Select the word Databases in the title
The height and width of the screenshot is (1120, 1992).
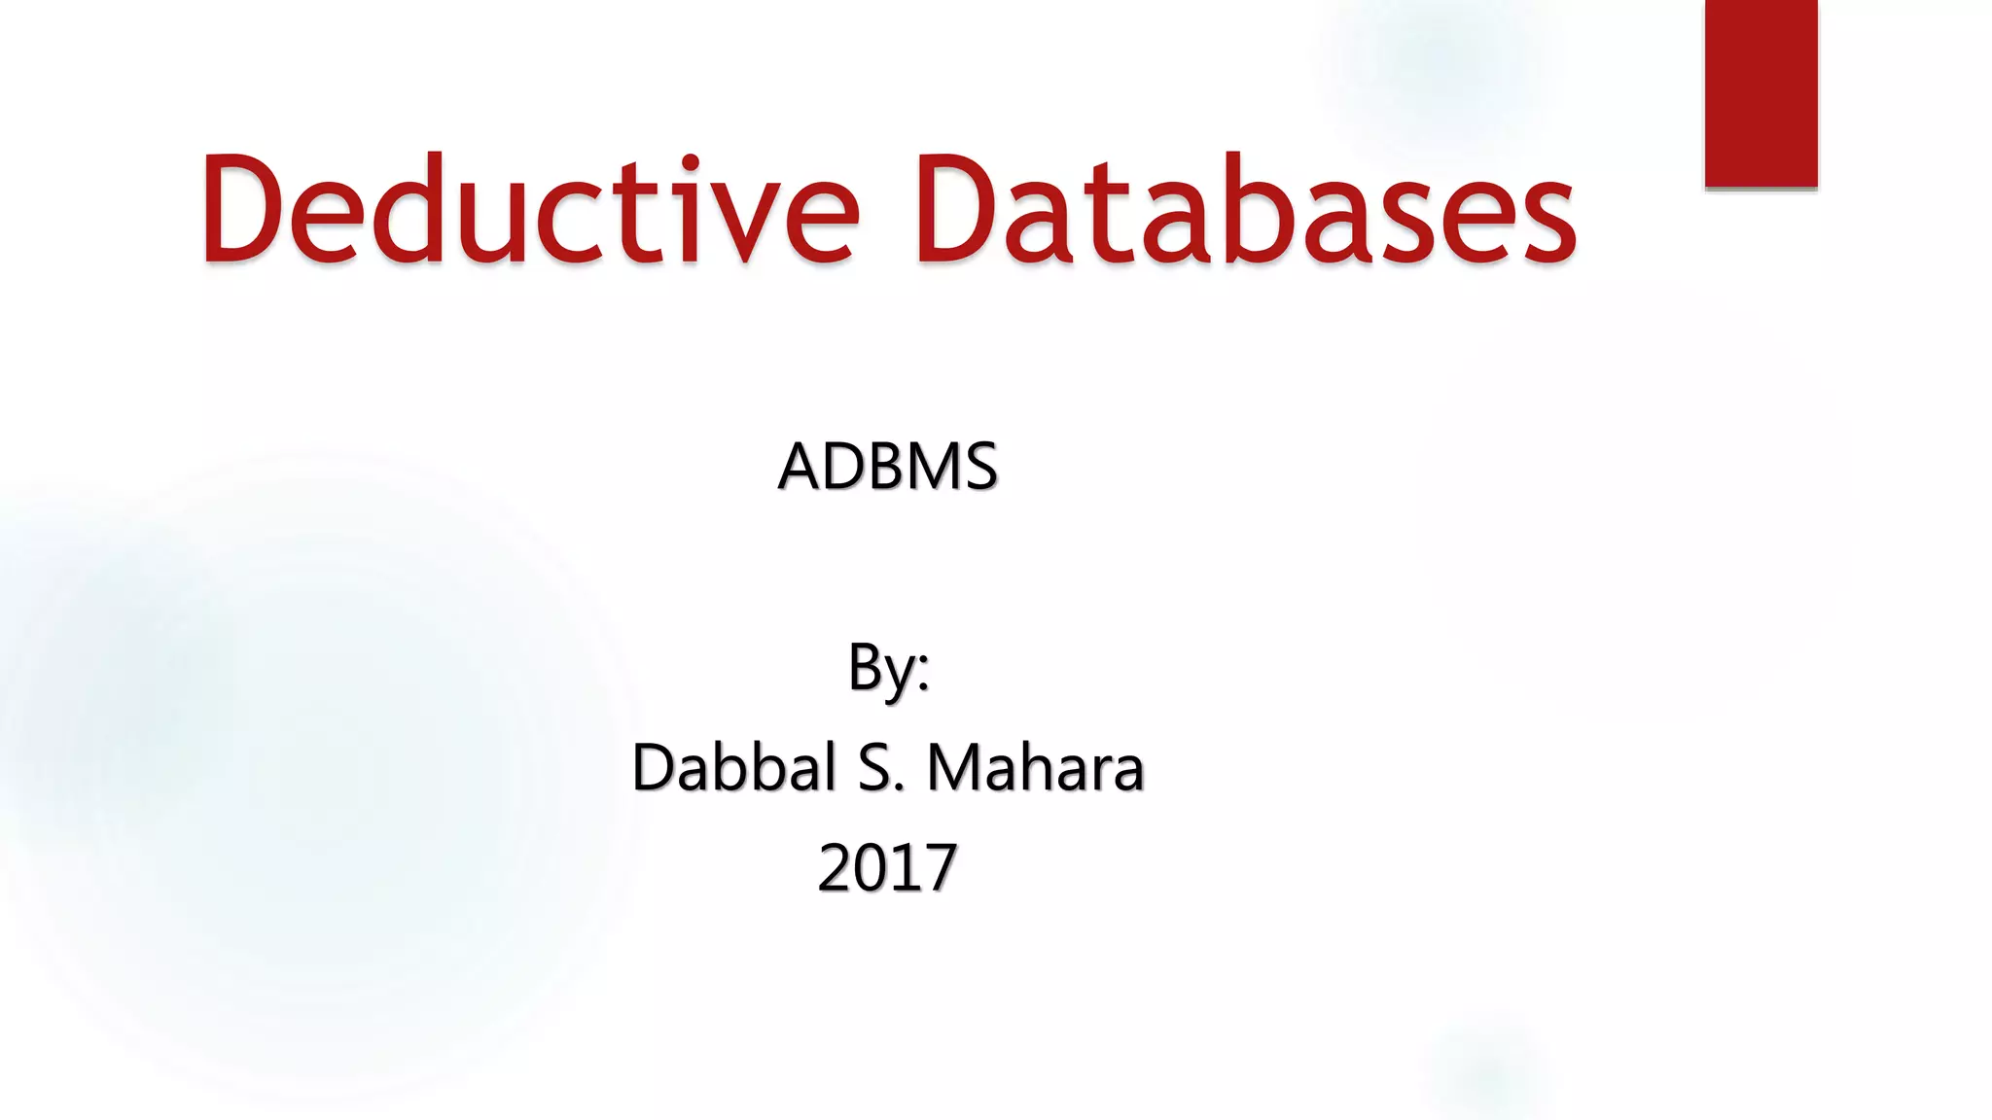(x=1245, y=209)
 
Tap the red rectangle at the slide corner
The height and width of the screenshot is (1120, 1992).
(x=1761, y=92)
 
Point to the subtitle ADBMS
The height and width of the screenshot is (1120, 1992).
(x=887, y=467)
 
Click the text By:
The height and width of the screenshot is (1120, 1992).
(x=887, y=669)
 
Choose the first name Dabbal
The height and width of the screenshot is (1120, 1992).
(x=734, y=768)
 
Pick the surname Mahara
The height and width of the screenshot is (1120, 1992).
(x=1035, y=768)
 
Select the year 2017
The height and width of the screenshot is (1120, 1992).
(x=887, y=868)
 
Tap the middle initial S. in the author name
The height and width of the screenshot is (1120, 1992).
(x=880, y=768)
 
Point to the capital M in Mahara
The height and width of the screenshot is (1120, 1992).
(x=957, y=768)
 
